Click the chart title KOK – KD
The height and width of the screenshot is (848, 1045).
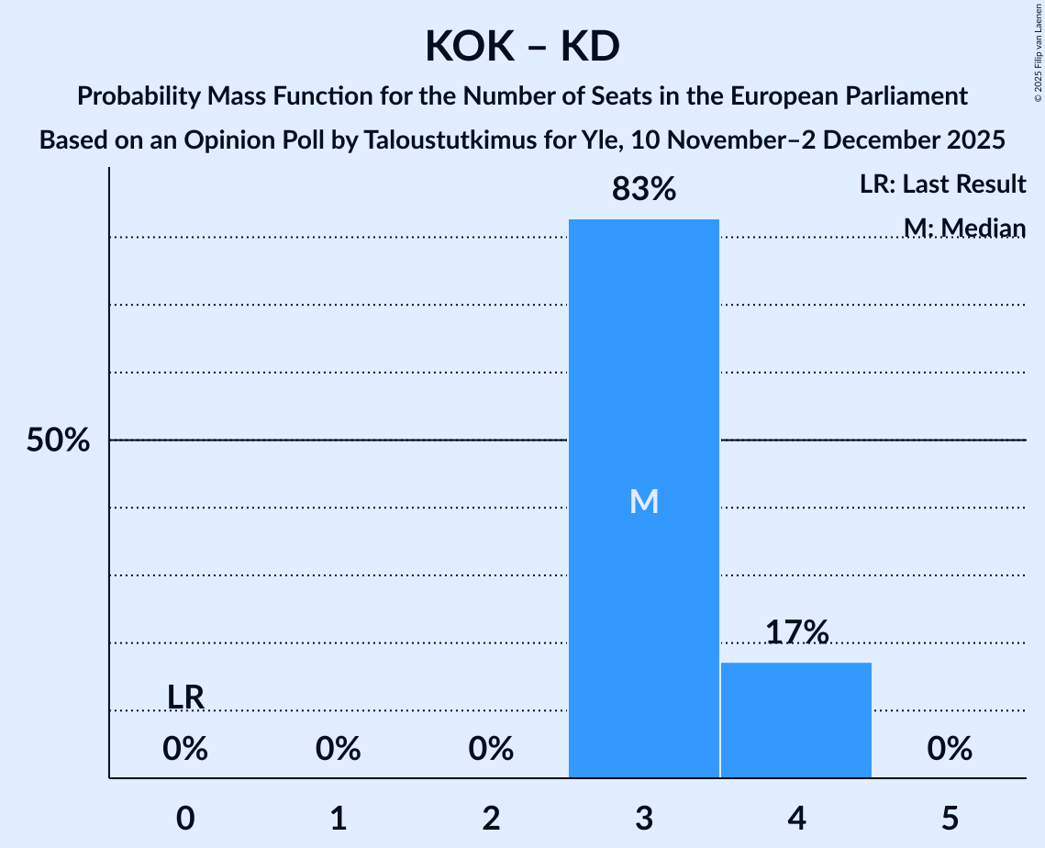click(x=522, y=46)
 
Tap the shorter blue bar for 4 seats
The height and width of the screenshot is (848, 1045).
click(x=796, y=720)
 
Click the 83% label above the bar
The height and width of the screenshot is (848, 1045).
click(x=644, y=190)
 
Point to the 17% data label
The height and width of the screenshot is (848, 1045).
click(x=796, y=632)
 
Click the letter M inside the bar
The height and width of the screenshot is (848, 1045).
click(x=644, y=501)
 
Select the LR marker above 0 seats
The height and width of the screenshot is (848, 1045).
click(x=185, y=697)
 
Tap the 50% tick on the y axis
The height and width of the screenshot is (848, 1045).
click(x=58, y=441)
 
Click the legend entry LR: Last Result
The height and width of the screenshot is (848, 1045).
click(x=942, y=184)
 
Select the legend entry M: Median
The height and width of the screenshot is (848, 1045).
click(x=964, y=228)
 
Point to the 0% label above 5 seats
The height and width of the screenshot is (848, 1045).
click(x=950, y=750)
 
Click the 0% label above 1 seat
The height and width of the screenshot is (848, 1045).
click(x=339, y=750)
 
